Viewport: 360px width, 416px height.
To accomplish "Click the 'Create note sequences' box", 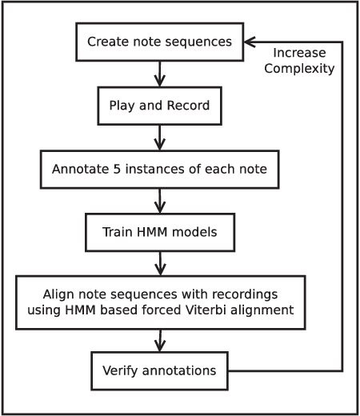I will coord(159,42).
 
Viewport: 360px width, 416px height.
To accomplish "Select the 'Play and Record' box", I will coord(159,106).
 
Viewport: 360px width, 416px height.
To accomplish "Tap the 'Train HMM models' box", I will coord(159,232).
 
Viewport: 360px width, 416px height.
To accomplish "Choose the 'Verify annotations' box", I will coord(159,371).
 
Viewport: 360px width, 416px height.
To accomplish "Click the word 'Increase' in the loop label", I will coord(298,54).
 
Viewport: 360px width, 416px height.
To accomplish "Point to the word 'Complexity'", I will coord(298,68).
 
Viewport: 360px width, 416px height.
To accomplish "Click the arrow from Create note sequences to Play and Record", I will coord(159,74).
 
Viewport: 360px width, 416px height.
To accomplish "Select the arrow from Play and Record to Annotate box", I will coord(159,137).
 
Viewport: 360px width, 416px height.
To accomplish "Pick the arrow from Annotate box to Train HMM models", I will coord(160,200).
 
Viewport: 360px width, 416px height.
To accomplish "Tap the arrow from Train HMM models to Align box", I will coord(160,262).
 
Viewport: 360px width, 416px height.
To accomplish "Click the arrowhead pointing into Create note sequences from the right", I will coord(250,42).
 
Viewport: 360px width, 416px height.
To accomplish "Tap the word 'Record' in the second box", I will coord(192,106).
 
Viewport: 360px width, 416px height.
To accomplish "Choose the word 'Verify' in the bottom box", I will coord(120,371).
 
